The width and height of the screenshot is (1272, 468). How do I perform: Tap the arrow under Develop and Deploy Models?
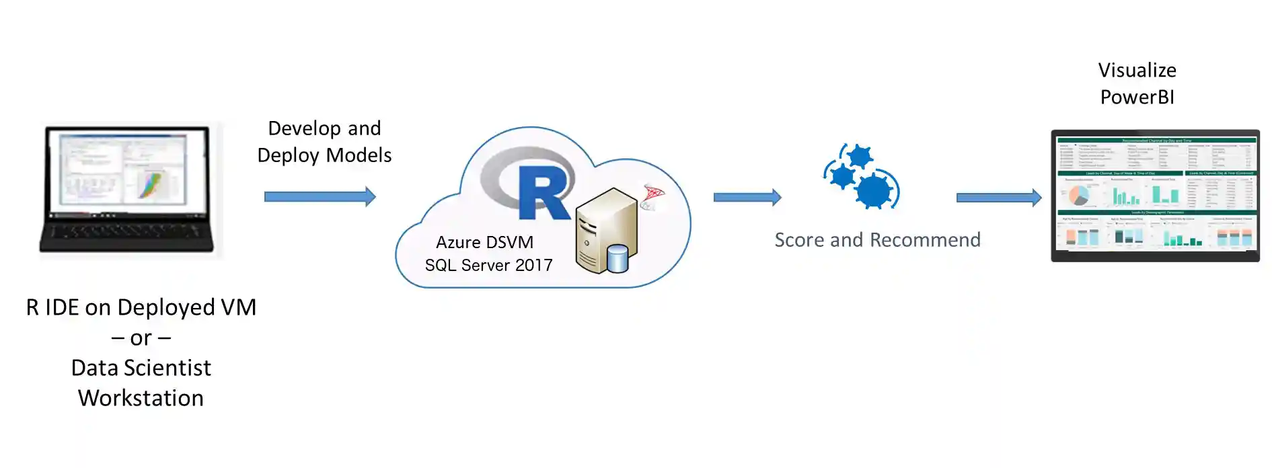tap(320, 197)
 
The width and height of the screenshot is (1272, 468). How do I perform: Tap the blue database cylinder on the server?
tap(617, 259)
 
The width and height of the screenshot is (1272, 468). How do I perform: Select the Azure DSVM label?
tap(484, 242)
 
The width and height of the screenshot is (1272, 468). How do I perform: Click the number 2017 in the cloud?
tap(533, 266)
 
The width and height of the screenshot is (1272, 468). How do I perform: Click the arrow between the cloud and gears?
tap(747, 197)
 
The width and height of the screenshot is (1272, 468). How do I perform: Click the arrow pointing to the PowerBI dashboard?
tap(998, 198)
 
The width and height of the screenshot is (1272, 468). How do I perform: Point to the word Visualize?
tap(1137, 71)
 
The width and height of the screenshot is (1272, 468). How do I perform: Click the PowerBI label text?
tap(1137, 97)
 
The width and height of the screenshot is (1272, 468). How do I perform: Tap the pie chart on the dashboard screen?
tap(1079, 196)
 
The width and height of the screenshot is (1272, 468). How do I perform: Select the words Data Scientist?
tap(141, 368)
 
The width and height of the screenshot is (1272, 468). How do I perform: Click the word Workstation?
tap(141, 398)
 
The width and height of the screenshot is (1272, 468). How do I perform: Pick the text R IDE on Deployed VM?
tap(141, 307)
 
